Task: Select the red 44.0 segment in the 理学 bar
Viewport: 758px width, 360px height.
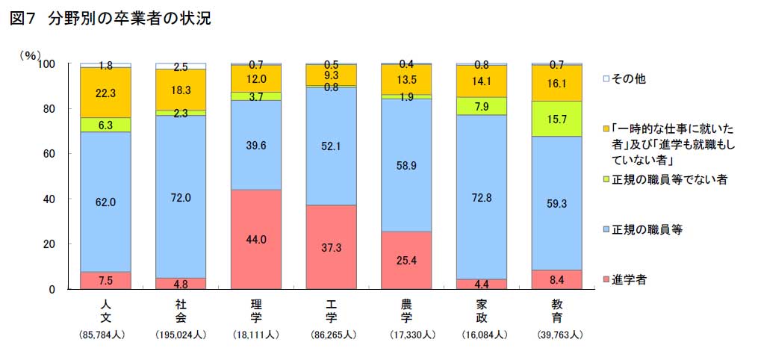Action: click(256, 239)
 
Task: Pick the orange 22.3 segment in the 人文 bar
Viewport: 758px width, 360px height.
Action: click(105, 92)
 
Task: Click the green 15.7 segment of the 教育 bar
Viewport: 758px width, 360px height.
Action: click(556, 118)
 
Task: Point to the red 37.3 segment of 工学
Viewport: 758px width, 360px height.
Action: click(331, 246)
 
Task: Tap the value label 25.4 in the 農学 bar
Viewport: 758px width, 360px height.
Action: click(406, 261)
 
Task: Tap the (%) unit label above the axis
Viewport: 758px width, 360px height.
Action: click(30, 55)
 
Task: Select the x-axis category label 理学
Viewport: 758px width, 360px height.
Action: click(256, 310)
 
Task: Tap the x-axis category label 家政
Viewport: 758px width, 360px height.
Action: click(482, 310)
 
